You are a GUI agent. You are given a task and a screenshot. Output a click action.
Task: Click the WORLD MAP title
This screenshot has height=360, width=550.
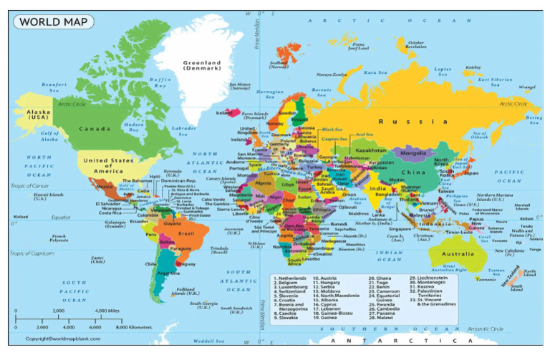point(54,21)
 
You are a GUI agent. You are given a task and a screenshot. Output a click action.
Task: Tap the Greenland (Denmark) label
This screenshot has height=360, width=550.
point(202,66)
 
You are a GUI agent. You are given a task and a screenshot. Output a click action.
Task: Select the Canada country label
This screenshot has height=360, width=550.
point(95,129)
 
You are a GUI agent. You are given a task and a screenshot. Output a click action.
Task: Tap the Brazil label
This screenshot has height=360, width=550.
point(186,234)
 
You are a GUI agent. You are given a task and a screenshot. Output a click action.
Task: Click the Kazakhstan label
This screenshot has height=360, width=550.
point(370,151)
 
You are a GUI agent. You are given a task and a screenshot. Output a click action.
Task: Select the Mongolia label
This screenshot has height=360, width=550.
point(413,153)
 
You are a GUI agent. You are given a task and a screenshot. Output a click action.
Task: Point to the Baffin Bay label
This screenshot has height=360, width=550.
point(160,82)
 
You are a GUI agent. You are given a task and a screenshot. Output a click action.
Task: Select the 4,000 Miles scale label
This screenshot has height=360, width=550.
point(107,311)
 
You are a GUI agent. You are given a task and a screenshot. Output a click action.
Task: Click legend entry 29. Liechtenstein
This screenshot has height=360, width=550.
point(433,278)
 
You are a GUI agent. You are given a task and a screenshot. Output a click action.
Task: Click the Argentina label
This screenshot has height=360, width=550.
point(170,273)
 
